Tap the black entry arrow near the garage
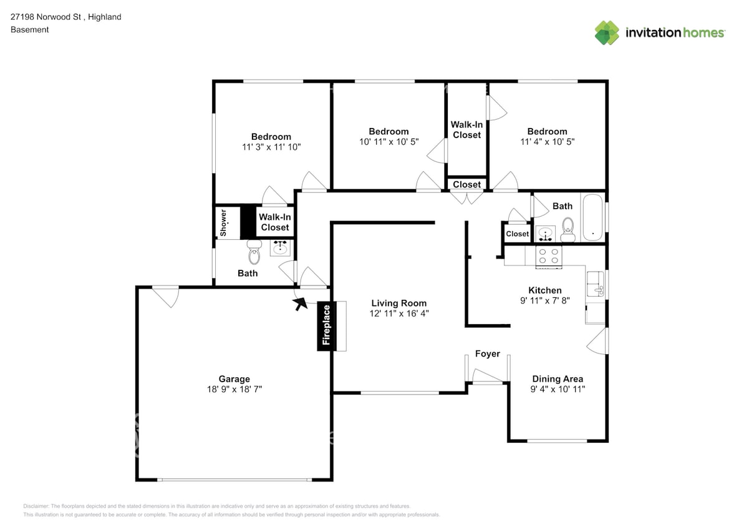301,303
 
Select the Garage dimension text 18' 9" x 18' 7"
234,389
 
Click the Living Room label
399,303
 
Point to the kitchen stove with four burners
549,257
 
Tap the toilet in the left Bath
254,253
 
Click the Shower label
223,223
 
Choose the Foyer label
487,354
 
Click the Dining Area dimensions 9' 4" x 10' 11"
557,389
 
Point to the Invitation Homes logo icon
606,32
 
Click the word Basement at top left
29,29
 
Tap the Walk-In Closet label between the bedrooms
466,130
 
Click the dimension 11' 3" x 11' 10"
271,147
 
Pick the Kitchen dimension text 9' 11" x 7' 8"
544,300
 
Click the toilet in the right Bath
568,229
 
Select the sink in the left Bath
280,248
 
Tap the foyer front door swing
486,377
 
